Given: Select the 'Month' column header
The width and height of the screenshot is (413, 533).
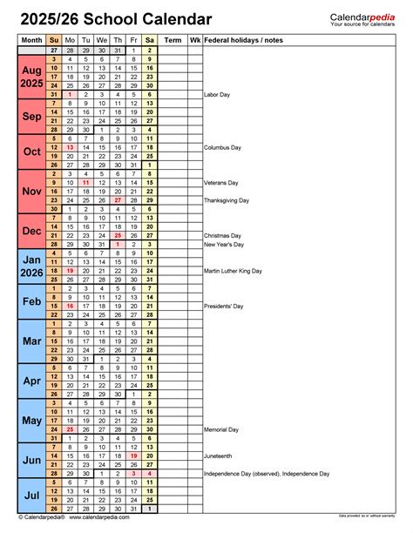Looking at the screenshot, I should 31,40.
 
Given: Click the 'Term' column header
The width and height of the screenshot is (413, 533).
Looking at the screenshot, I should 173,40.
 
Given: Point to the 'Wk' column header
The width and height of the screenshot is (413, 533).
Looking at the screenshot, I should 194,40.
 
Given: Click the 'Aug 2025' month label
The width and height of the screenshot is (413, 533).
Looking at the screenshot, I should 31,78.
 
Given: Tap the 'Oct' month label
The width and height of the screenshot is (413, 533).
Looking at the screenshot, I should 31,151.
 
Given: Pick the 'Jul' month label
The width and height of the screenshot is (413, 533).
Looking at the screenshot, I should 31,495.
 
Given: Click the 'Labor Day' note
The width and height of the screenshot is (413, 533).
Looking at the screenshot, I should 216,94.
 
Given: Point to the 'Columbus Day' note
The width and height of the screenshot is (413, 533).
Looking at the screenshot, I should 222,147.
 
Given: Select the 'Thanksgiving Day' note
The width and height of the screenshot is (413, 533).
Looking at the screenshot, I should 226,200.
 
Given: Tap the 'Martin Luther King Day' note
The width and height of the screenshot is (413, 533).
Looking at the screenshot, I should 233,271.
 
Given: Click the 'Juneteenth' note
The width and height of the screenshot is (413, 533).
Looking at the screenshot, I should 220,455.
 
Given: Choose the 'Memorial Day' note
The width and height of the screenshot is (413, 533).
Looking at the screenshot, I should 221,429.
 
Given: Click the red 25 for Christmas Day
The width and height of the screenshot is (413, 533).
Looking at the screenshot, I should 117,235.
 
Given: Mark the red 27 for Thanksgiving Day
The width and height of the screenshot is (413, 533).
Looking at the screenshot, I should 117,200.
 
